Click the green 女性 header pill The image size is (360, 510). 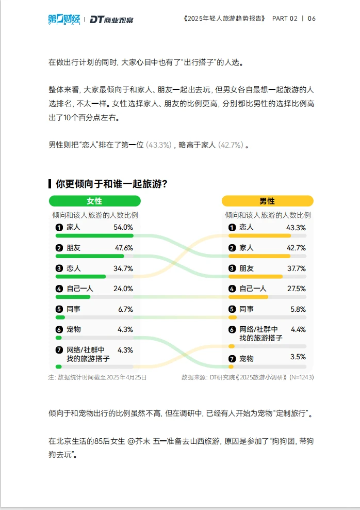coord(94,201)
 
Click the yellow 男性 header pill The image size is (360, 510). coord(267,201)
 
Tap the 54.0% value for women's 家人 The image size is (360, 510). coord(123,227)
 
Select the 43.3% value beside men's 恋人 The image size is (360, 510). coord(296,227)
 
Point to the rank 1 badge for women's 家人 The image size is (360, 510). coord(59,227)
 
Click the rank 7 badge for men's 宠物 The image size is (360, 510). coord(232,359)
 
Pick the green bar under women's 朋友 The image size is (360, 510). coord(90,256)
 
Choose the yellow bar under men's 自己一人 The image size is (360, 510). coord(248,297)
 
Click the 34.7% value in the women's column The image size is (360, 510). coord(123,268)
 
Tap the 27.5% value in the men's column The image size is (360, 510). coord(296,289)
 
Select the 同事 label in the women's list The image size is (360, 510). coord(74,309)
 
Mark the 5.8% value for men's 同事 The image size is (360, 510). coord(298,309)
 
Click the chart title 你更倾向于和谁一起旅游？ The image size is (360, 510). coord(111,184)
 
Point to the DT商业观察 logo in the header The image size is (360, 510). coord(111,20)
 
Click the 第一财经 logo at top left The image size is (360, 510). coord(64,19)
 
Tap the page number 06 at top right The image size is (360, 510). coord(312,19)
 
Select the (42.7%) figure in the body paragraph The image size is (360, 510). coord(231,145)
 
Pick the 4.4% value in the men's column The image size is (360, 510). coord(298,329)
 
